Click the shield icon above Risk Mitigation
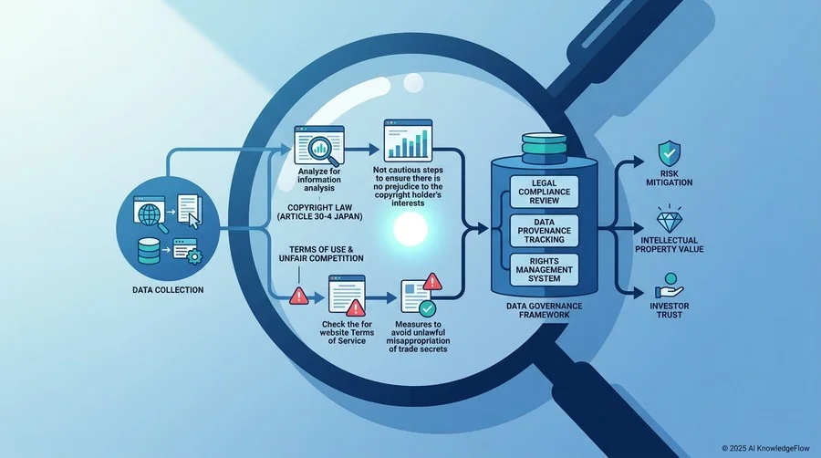pyautogui.click(x=670, y=153)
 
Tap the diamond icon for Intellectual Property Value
pyautogui.click(x=670, y=219)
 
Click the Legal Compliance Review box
pyautogui.click(x=544, y=193)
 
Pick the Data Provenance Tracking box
pyautogui.click(x=544, y=231)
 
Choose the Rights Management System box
pyautogui.click(x=544, y=269)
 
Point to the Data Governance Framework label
pyautogui.click(x=544, y=310)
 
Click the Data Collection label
pyautogui.click(x=168, y=290)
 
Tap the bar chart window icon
pyautogui.click(x=409, y=141)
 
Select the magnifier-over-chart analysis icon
pyautogui.click(x=319, y=145)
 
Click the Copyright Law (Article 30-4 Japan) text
pyautogui.click(x=320, y=212)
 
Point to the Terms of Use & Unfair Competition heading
pyautogui.click(x=321, y=254)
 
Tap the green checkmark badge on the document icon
pyautogui.click(x=427, y=308)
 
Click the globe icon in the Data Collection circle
pyautogui.click(x=150, y=213)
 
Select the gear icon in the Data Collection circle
pyautogui.click(x=194, y=256)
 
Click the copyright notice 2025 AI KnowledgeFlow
pyautogui.click(x=765, y=448)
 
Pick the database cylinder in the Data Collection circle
pyautogui.click(x=150, y=251)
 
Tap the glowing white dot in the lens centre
pyautogui.click(x=410, y=229)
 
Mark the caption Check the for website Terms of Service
pyautogui.click(x=347, y=332)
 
